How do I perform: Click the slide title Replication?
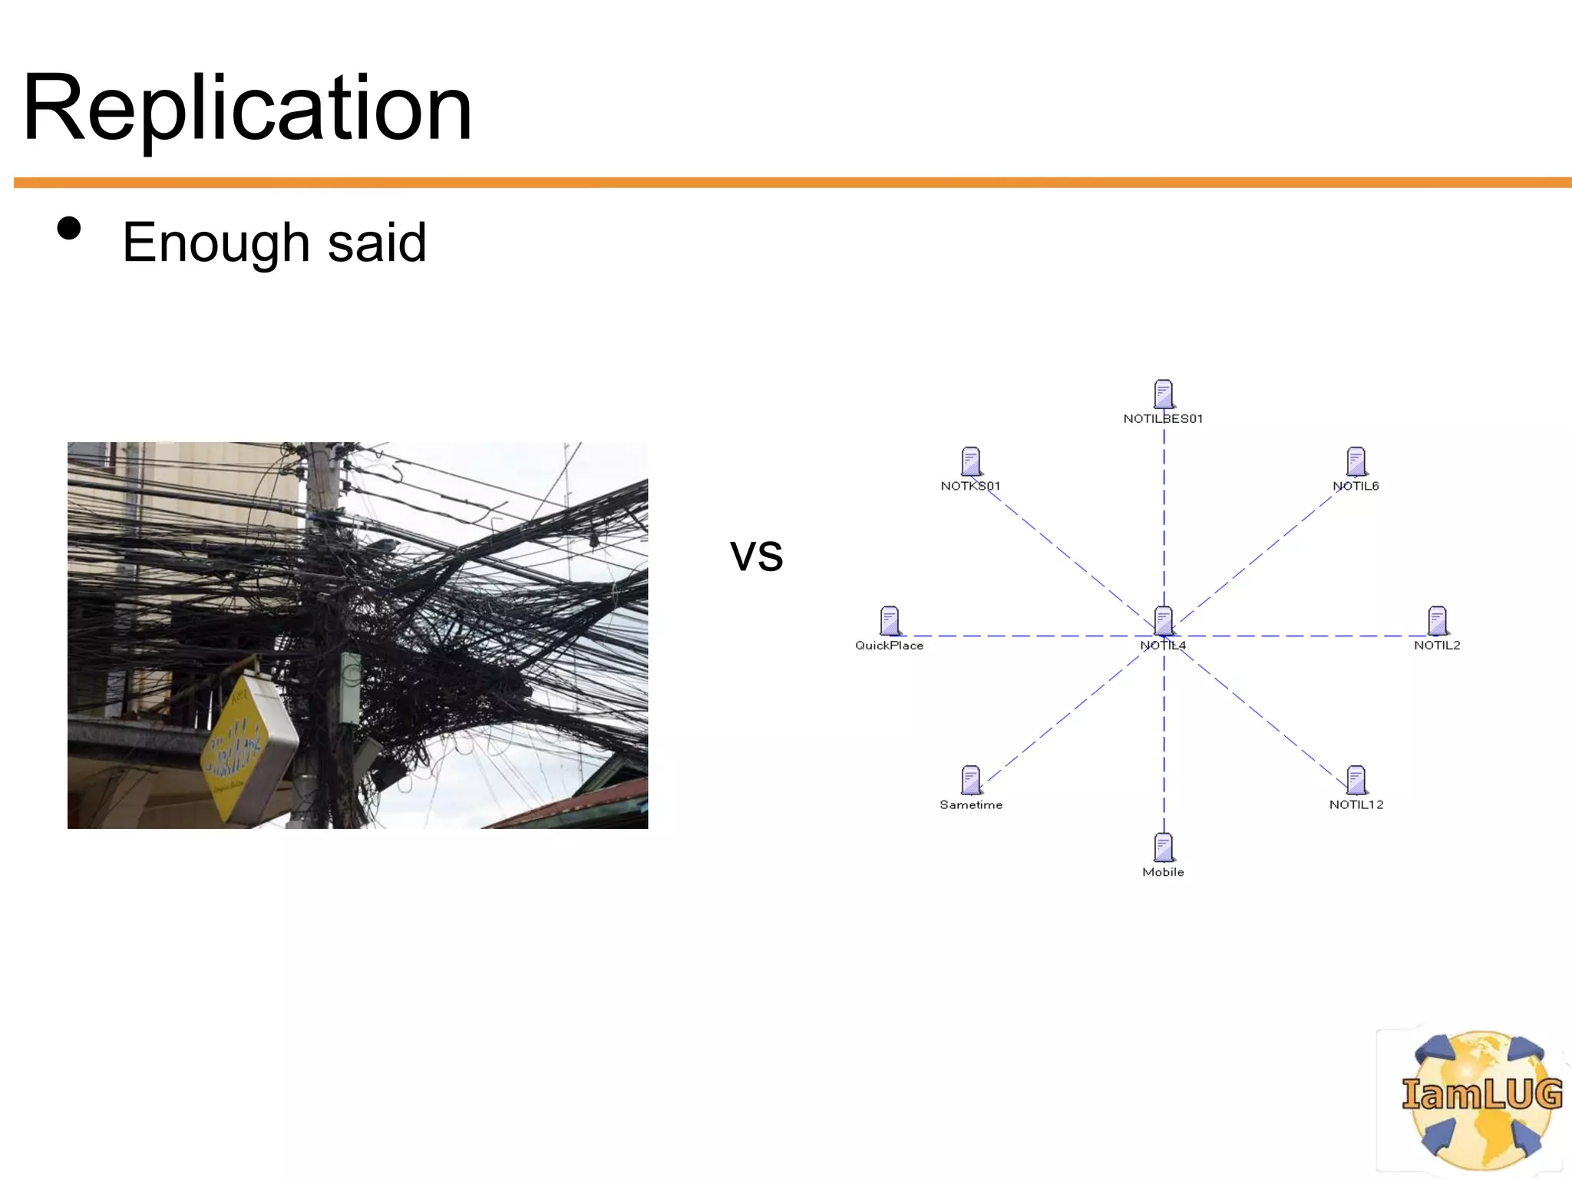(247, 109)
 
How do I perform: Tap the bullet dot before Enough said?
(69, 228)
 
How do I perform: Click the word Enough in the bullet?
(216, 243)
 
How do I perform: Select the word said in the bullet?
(376, 243)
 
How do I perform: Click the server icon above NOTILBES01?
(1164, 394)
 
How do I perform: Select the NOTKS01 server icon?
(971, 461)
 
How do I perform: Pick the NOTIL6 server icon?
(1356, 461)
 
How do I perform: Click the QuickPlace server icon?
(890, 620)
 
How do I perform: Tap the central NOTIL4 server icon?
(1164, 620)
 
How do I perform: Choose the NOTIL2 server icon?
(1437, 620)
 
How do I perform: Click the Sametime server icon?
(971, 780)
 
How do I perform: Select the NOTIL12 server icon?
(1356, 780)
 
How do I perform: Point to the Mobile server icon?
(1164, 847)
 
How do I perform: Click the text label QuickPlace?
(890, 646)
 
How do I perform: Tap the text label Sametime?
(971, 804)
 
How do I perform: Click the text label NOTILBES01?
(1163, 418)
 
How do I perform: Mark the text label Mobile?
(1163, 872)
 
